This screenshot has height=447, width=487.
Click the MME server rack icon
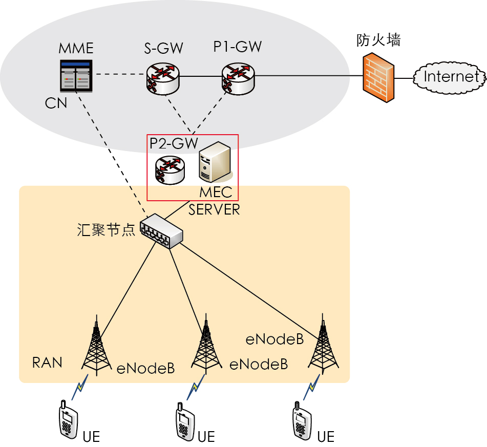[76, 76]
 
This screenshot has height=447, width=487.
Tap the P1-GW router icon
[238, 78]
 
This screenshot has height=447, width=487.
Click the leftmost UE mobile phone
[66, 420]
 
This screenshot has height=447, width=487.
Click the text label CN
[56, 103]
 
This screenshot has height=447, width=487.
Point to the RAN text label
[47, 363]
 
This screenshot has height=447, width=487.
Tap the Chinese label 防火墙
[378, 40]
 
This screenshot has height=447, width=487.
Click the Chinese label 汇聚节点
[106, 230]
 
